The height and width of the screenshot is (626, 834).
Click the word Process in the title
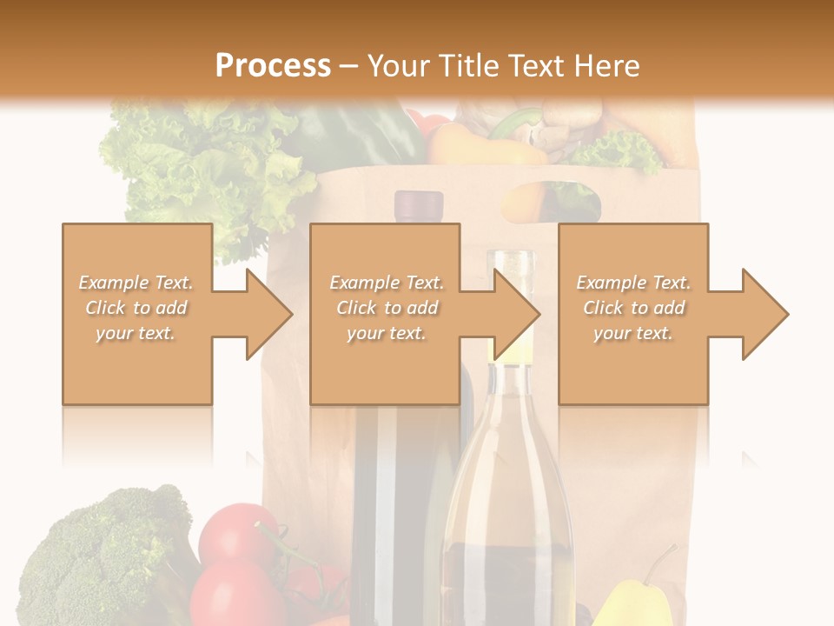click(273, 66)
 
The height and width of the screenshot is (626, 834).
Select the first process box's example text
click(136, 308)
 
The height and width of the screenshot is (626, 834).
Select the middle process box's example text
click(386, 308)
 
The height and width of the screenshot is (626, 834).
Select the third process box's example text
click(633, 308)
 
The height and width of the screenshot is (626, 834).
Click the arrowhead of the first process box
click(268, 314)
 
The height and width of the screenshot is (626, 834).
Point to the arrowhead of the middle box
click(516, 314)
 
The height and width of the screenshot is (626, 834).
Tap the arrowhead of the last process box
click(764, 314)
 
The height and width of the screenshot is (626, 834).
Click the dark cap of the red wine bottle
click(418, 206)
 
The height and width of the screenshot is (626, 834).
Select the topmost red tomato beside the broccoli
click(236, 532)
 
